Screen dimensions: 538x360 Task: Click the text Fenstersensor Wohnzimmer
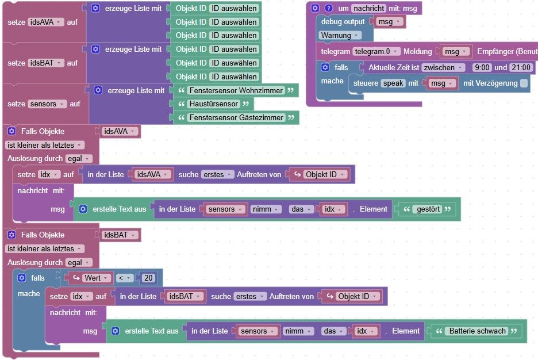pos(236,90)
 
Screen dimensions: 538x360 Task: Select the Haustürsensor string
pos(213,104)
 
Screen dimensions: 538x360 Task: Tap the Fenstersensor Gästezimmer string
pos(236,117)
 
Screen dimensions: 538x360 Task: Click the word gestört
pos(428,209)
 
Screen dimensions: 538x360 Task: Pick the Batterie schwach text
pos(477,331)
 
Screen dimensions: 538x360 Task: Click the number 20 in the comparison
pos(148,278)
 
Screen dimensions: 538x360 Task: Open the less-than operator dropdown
pos(124,278)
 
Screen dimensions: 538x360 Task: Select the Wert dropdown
pos(96,278)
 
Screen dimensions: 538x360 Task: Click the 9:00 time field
pos(482,68)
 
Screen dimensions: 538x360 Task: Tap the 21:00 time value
pos(521,68)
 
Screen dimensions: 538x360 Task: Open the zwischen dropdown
pos(443,68)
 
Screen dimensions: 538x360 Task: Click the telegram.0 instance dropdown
pos(376,52)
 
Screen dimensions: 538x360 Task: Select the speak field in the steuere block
pos(393,83)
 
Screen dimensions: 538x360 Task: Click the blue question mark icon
pos(328,8)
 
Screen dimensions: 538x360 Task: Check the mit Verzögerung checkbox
pos(524,83)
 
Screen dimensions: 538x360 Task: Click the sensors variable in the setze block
pos(47,104)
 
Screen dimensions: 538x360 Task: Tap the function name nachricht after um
pos(369,8)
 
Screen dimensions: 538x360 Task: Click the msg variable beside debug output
pos(389,22)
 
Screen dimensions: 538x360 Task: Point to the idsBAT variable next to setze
pos(45,63)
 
